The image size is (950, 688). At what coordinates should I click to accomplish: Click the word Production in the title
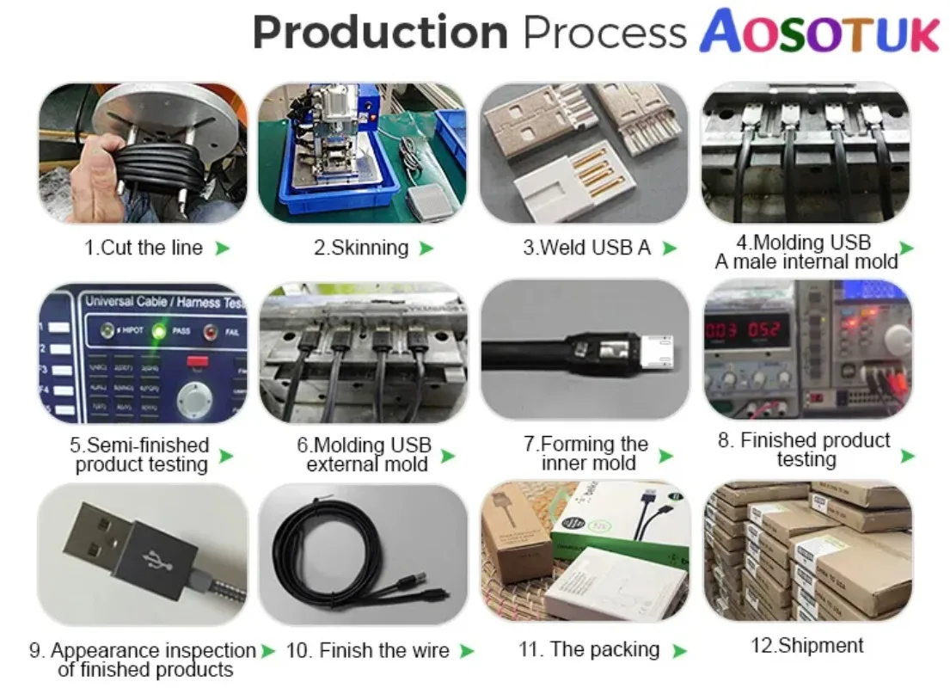[379, 33]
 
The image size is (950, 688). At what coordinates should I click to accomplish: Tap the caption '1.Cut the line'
[143, 248]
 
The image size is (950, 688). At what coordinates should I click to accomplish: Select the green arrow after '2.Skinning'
[426, 249]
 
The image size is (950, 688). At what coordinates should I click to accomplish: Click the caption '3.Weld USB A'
[586, 248]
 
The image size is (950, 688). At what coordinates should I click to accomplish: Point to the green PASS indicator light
[158, 330]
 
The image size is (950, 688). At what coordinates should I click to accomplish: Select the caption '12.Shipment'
[806, 645]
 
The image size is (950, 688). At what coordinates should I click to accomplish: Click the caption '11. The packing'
[589, 649]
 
